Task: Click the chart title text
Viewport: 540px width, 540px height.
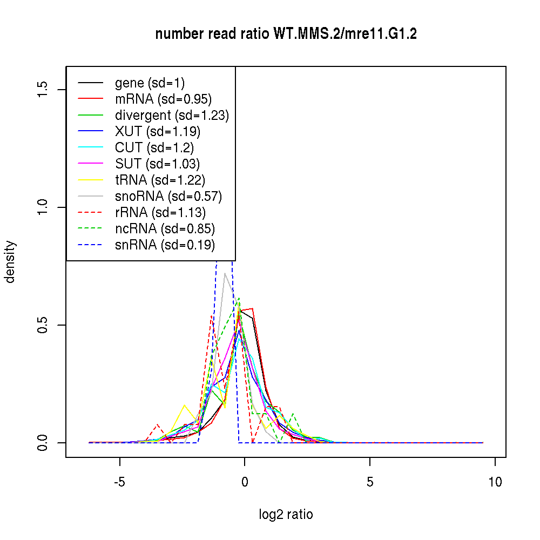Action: pos(286,34)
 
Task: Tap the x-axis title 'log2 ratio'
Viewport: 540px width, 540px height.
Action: pos(286,515)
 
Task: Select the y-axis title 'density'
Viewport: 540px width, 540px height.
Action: pos(10,261)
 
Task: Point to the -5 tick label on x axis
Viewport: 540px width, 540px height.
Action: pos(120,482)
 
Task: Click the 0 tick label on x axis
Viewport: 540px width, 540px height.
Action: pos(245,482)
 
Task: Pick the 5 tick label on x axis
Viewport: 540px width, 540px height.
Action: pos(370,482)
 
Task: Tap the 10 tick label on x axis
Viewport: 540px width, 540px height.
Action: pos(495,482)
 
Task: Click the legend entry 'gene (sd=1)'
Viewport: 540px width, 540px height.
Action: pos(150,83)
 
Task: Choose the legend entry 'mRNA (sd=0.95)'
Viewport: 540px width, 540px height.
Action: pos(163,99)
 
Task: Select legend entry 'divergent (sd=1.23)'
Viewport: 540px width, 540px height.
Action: pos(172,116)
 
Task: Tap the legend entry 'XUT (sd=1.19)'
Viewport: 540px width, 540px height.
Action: pos(158,132)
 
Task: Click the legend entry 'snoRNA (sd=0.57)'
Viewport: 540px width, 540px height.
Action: pos(168,197)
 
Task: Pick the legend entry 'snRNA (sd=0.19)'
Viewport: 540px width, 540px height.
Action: pos(165,245)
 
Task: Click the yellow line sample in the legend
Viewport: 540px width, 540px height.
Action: pos(90,180)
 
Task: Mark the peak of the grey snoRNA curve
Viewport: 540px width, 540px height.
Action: pos(225,273)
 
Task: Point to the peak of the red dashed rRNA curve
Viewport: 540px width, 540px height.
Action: pos(212,316)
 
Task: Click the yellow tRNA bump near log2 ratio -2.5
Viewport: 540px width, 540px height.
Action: pos(185,405)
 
